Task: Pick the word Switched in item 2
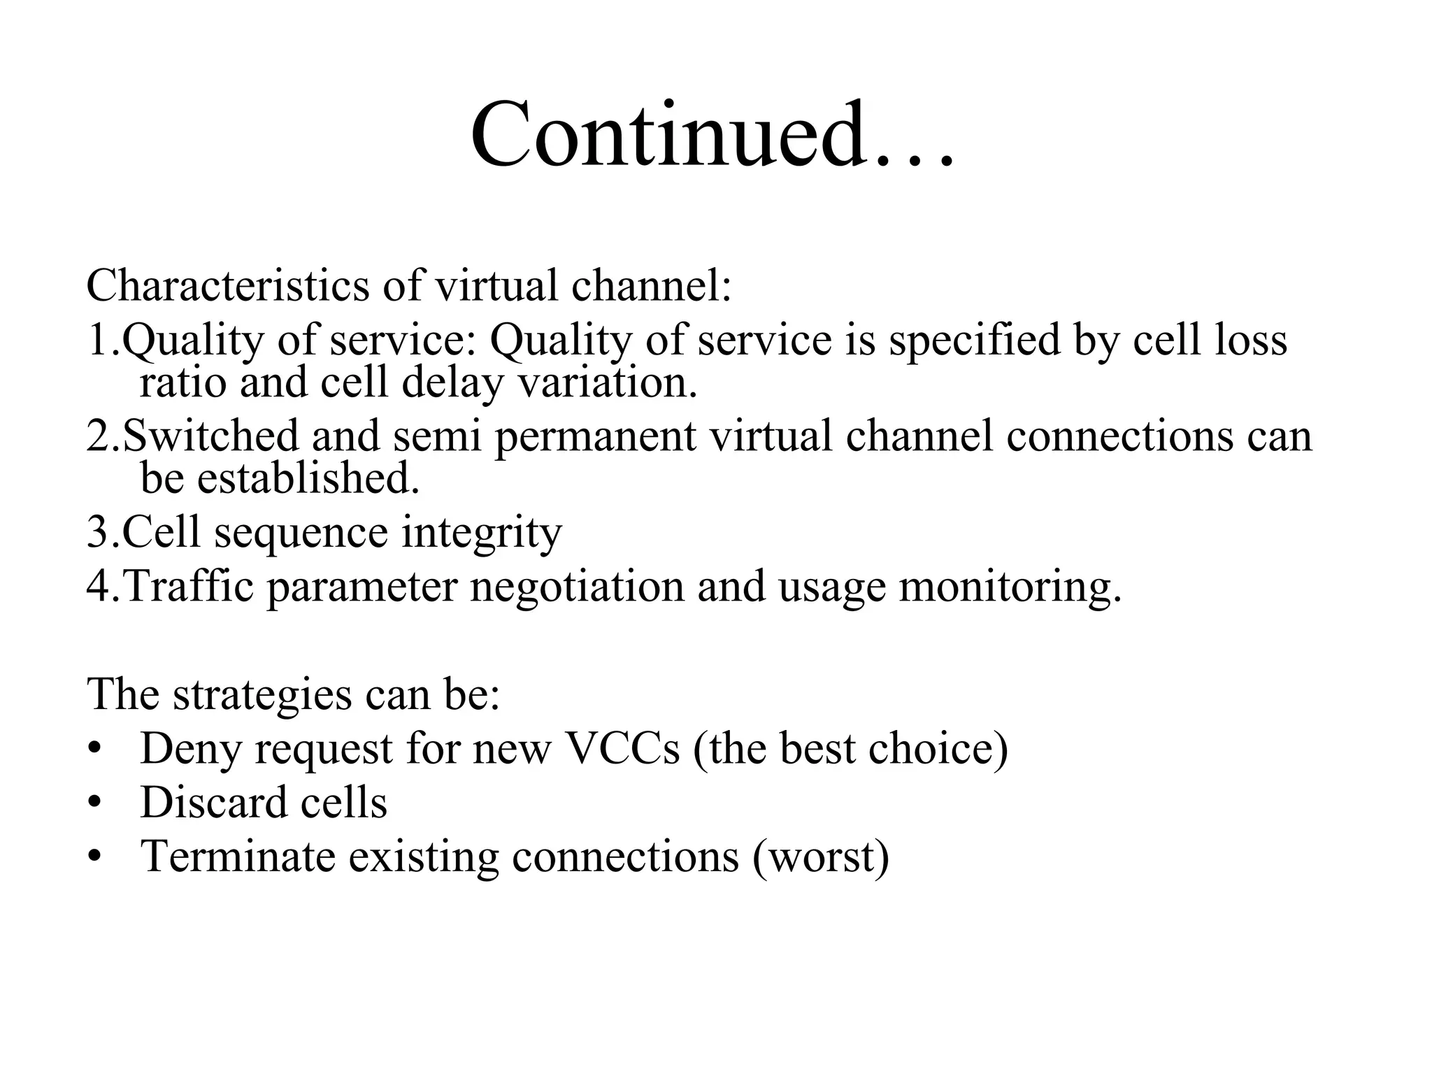click(210, 436)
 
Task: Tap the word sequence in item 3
click(301, 532)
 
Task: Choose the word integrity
click(482, 532)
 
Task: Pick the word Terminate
click(238, 856)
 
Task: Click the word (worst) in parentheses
click(821, 856)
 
